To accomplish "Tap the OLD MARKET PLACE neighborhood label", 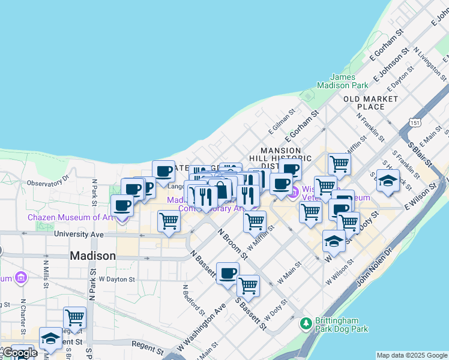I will tap(371, 103).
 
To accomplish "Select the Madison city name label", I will tap(93, 256).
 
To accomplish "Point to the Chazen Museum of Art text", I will tap(70, 218).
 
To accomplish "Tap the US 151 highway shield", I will tap(415, 123).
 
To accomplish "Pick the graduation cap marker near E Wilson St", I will tap(388, 181).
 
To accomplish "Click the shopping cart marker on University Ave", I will tap(169, 221).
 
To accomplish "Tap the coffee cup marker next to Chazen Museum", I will tap(122, 206).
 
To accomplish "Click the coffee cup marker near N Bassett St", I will tap(228, 274).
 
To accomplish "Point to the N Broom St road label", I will tap(232, 244).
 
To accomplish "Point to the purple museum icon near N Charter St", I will tap(22, 277).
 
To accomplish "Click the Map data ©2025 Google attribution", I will tap(412, 355).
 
